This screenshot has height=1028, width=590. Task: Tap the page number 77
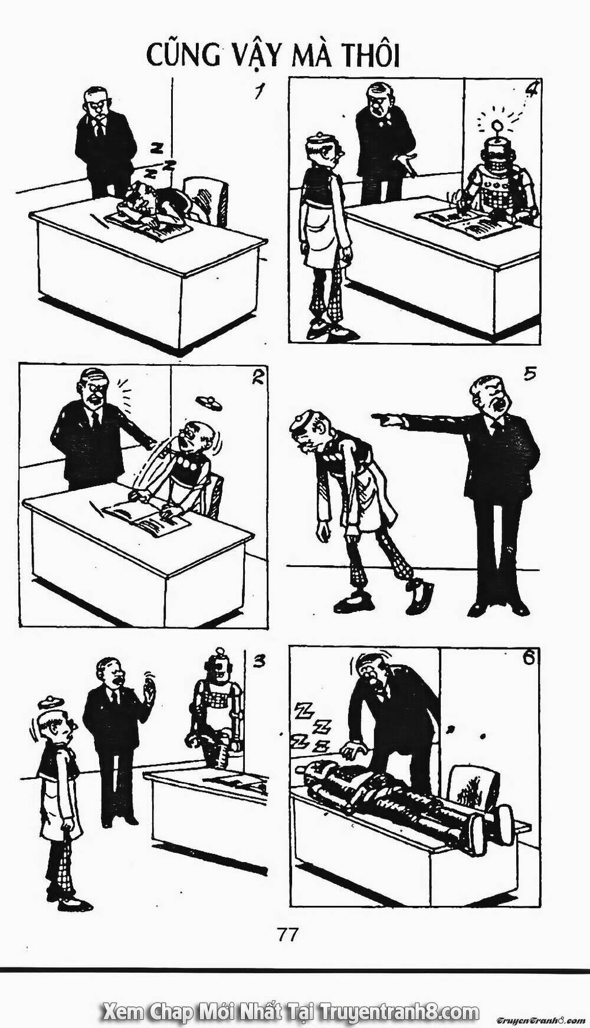click(287, 934)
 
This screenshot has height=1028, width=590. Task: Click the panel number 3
click(258, 662)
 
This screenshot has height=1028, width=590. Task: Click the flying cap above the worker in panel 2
click(210, 402)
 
